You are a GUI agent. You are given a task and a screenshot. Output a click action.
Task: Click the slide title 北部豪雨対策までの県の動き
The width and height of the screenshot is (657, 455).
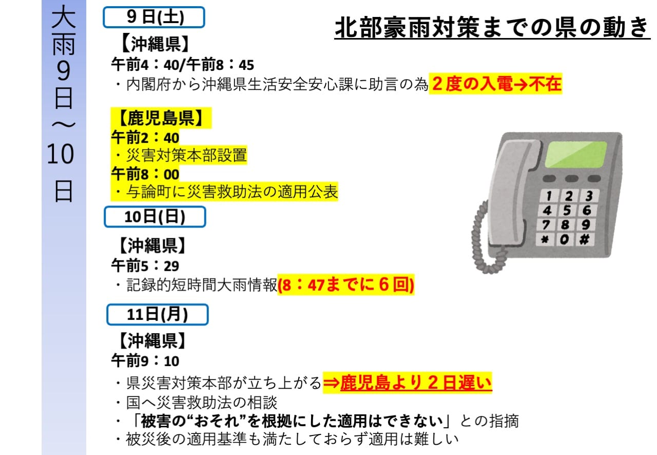492,27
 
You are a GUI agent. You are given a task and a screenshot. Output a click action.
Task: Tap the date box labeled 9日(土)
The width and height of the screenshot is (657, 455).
154,17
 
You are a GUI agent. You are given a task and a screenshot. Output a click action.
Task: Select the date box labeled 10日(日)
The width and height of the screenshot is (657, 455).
155,217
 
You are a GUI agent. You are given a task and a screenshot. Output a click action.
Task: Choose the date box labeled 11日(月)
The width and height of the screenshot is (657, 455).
158,314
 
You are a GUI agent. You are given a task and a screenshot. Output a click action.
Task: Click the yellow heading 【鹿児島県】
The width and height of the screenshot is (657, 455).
161,118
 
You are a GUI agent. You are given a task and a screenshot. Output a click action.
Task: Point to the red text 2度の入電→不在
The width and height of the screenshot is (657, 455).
496,84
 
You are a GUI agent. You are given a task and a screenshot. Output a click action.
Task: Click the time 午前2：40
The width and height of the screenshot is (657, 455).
145,138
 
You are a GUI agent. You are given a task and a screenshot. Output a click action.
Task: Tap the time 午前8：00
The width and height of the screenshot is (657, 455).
145,174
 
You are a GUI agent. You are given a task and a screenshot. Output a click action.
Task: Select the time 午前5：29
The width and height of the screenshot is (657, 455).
145,266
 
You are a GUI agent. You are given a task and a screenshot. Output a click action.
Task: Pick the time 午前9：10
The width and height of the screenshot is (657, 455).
145,361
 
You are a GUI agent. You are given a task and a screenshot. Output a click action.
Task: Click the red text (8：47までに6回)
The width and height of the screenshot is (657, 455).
346,285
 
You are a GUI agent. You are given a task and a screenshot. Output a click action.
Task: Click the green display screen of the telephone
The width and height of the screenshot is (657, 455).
576,155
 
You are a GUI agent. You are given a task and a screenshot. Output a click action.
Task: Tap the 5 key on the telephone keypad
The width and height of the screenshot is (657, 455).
567,210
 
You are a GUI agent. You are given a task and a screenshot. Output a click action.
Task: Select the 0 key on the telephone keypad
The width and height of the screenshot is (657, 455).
564,239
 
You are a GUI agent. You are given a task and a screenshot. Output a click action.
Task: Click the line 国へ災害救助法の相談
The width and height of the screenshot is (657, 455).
202,402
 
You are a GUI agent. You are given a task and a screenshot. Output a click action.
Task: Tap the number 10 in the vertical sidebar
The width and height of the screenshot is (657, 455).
60,154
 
